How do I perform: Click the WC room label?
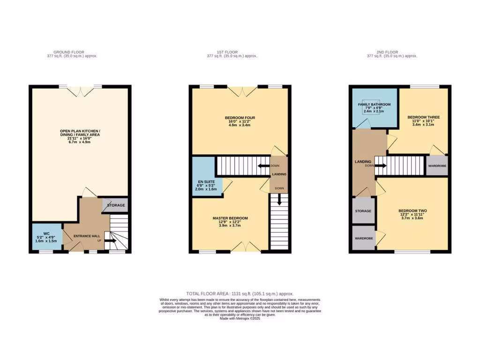(x=46, y=233)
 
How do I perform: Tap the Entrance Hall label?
(x=82, y=236)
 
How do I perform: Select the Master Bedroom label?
(x=230, y=218)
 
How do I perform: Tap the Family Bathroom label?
(x=374, y=105)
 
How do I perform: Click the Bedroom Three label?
(x=423, y=117)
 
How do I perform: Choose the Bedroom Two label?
(x=412, y=211)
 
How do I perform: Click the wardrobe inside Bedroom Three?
(x=436, y=166)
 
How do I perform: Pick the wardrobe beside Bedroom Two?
(x=363, y=239)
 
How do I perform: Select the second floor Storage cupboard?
(x=363, y=211)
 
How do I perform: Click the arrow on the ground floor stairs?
(x=111, y=241)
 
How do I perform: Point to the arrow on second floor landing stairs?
(x=380, y=165)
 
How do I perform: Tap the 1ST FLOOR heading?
(x=227, y=52)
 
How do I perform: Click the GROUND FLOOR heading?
(x=68, y=52)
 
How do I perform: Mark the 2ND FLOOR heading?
(x=388, y=52)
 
